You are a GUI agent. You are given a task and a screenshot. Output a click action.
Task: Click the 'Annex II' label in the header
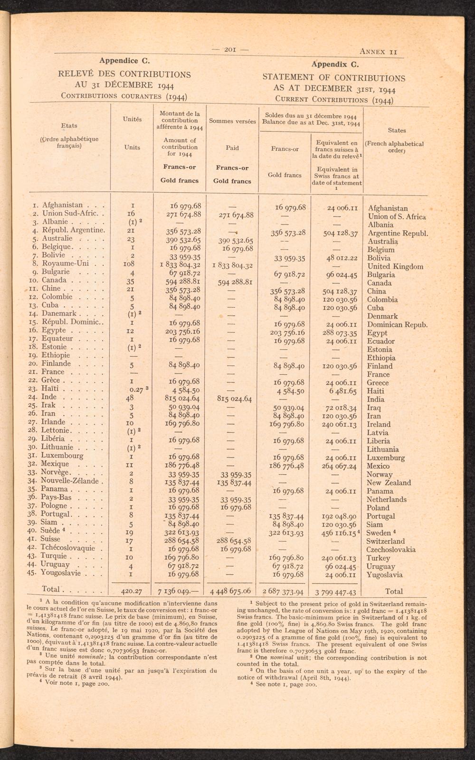[378, 51]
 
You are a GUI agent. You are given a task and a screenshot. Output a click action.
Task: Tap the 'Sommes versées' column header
[232, 121]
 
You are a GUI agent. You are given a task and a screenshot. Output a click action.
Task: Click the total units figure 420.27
[132, 592]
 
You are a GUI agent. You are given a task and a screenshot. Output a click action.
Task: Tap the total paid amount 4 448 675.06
[231, 592]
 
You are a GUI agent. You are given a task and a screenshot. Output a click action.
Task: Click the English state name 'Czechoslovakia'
[391, 550]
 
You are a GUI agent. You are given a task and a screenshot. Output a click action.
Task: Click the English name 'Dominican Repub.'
[397, 325]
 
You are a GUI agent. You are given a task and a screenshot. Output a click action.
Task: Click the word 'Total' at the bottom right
[394, 592]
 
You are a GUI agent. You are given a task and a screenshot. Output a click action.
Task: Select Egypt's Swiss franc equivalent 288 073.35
[336, 333]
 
